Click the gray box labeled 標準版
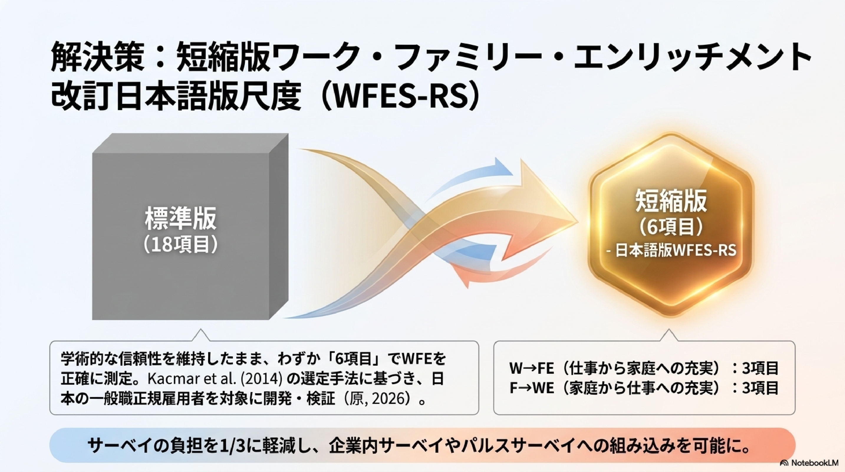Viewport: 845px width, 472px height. click(190, 227)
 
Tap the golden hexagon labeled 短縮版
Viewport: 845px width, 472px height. click(671, 225)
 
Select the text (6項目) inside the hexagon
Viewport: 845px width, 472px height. click(671, 227)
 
